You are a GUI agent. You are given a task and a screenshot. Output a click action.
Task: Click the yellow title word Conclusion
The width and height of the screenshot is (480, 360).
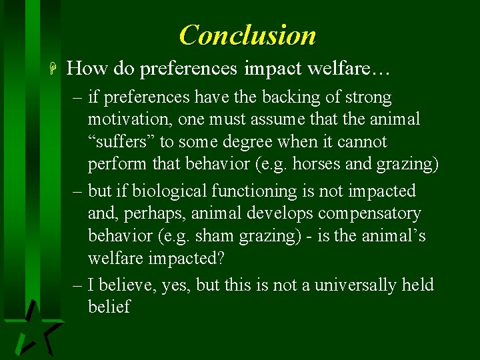point(247,35)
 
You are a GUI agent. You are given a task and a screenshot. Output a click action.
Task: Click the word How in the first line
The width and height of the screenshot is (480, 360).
point(87,68)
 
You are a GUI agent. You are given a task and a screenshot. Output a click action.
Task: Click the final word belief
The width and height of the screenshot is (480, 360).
point(109,307)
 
